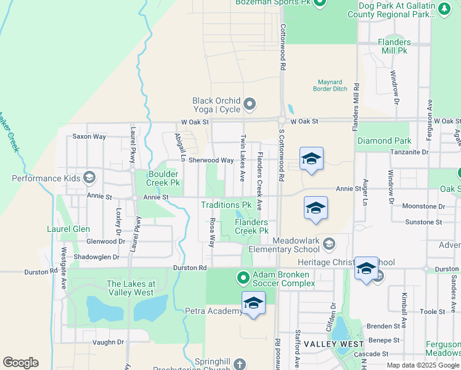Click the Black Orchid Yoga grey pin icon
click(250, 104)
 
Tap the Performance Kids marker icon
click(89, 178)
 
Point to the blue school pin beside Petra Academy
click(253, 303)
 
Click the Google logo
click(20, 363)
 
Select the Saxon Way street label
click(89, 136)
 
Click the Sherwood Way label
click(211, 160)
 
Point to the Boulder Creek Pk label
click(162, 178)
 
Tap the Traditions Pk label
click(226, 205)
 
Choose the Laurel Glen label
click(68, 229)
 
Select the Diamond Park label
click(384, 141)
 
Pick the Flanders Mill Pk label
click(394, 46)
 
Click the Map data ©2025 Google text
click(422, 365)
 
